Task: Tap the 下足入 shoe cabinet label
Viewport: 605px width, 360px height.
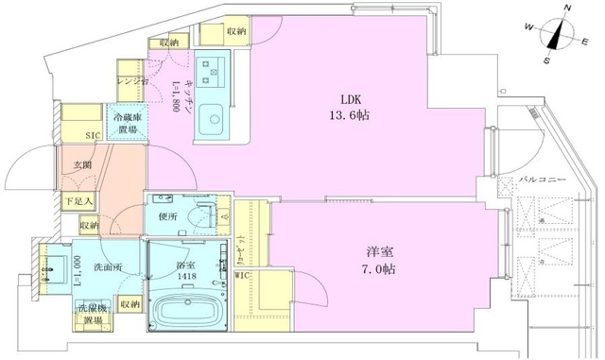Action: [78, 201]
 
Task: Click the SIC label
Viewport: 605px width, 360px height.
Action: [93, 135]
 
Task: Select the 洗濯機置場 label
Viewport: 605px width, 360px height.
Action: [92, 315]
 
